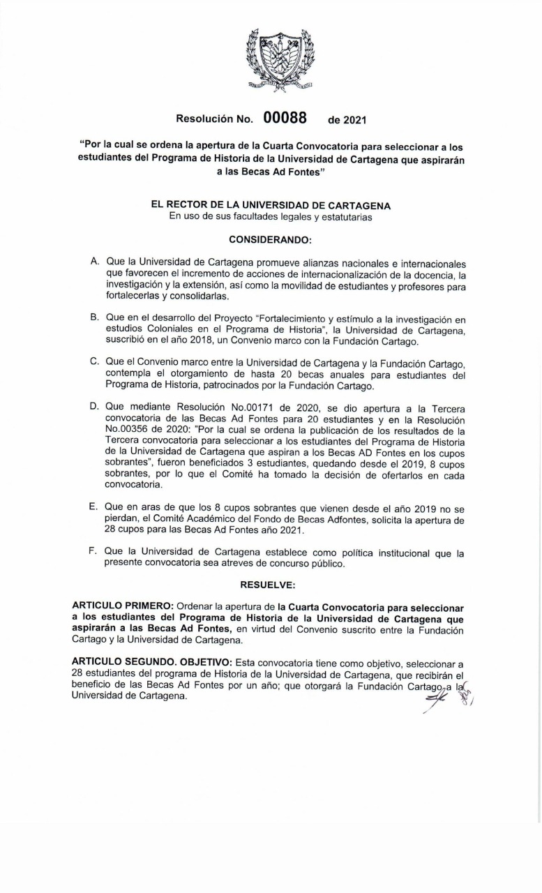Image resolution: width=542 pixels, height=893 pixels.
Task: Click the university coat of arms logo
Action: [x=280, y=60]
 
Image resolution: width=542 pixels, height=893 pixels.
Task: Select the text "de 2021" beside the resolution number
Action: [x=347, y=120]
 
